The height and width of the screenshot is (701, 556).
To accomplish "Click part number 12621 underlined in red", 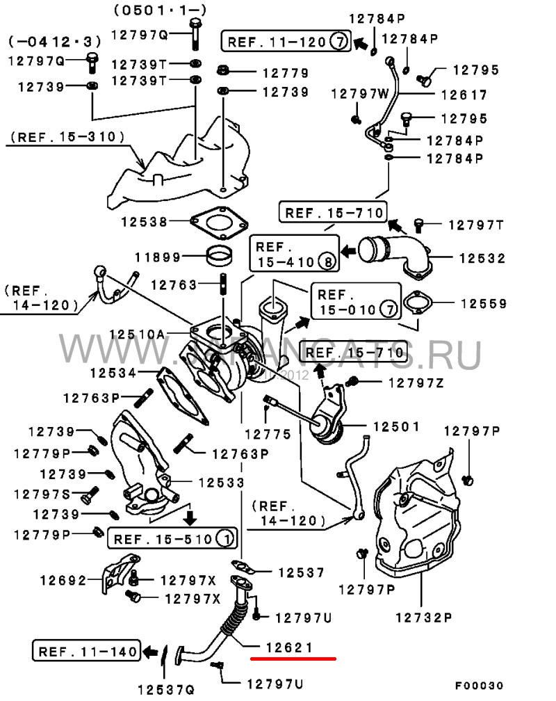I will (292, 647).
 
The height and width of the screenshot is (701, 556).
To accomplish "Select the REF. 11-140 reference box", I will (86, 652).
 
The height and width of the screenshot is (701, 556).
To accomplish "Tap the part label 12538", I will (144, 223).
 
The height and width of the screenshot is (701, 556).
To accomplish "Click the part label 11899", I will (158, 257).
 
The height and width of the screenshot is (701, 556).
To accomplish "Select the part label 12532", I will (482, 258).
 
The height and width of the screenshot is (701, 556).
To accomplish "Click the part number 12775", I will (268, 434).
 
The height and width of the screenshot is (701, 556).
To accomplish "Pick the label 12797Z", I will (416, 382).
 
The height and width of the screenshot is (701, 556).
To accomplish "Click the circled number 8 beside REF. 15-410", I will (326, 262).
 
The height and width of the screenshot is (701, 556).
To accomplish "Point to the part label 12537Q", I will (165, 688).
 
